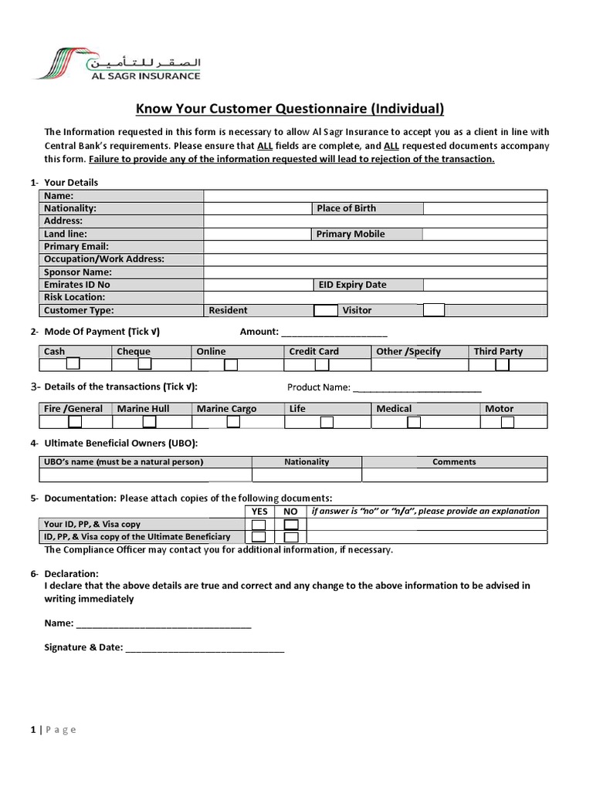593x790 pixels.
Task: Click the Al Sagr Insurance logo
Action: pyautogui.click(x=117, y=63)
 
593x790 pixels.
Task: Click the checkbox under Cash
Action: pyautogui.click(x=73, y=364)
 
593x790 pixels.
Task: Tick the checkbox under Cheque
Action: pyautogui.click(x=144, y=364)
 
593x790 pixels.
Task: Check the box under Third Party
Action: pyautogui.click(x=502, y=364)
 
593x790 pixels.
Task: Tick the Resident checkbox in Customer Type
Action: pyautogui.click(x=326, y=310)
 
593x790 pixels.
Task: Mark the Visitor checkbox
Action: pyautogui.click(x=434, y=310)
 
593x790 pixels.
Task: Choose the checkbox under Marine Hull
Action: pyautogui.click(x=149, y=422)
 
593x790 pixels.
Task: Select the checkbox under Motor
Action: pyautogui.click(x=507, y=422)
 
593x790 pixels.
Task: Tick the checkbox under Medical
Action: pyautogui.click(x=414, y=422)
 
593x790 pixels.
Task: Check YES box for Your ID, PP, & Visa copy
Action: pyautogui.click(x=259, y=525)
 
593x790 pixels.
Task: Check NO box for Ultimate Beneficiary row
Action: pyautogui.click(x=291, y=537)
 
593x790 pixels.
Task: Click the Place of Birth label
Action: pyautogui.click(x=347, y=208)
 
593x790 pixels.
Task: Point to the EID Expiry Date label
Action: pyautogui.click(x=352, y=285)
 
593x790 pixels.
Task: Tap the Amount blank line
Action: pyautogui.click(x=334, y=333)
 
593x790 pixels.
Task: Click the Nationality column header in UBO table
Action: pyautogui.click(x=307, y=462)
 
